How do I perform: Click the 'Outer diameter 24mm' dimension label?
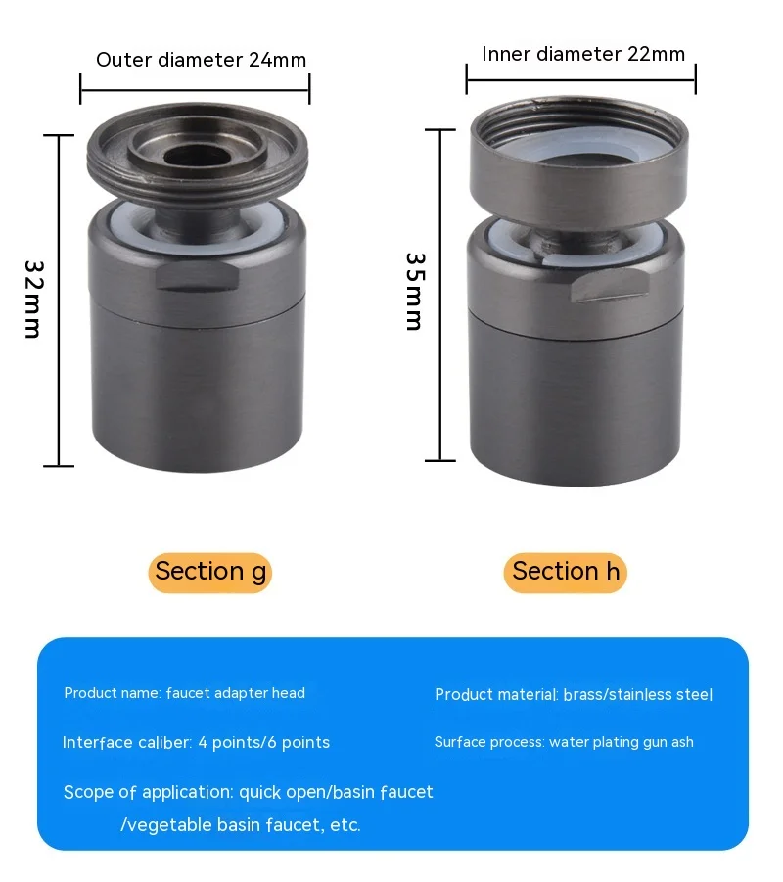[x=201, y=60]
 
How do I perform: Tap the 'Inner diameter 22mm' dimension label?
[x=583, y=54]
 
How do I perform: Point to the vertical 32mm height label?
[x=33, y=299]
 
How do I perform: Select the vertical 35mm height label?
[x=415, y=292]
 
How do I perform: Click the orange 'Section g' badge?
[x=210, y=572]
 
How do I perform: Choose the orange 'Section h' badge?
[x=566, y=572]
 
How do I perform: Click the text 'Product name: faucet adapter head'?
[x=185, y=693]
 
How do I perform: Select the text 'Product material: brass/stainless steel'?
[x=574, y=695]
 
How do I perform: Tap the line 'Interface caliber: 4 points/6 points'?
[x=196, y=742]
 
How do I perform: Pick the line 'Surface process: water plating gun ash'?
[x=564, y=742]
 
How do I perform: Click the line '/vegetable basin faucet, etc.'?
[x=241, y=825]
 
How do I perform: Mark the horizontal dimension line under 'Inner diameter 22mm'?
[x=581, y=83]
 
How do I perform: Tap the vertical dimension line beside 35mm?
[x=440, y=295]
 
